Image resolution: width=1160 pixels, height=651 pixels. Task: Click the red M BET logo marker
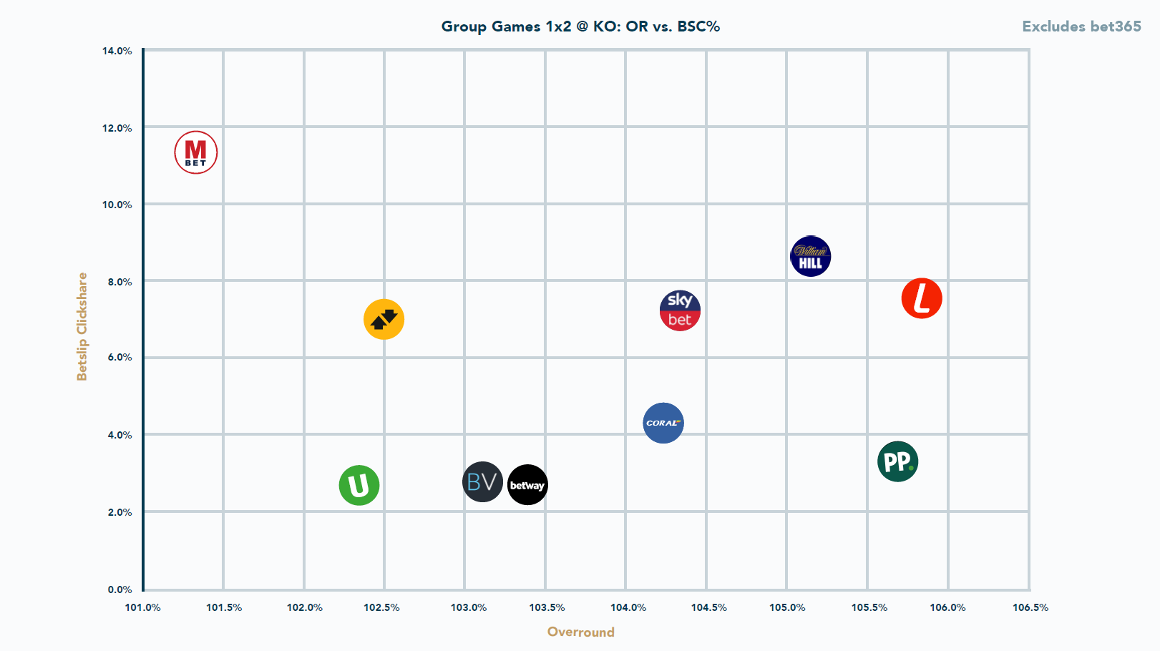pyautogui.click(x=196, y=152)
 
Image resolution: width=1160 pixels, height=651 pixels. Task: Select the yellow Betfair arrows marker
pyautogui.click(x=384, y=319)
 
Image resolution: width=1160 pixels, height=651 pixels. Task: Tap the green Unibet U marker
pyautogui.click(x=359, y=486)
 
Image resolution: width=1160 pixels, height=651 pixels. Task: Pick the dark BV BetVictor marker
pyautogui.click(x=482, y=481)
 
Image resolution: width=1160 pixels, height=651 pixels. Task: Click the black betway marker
pyautogui.click(x=527, y=485)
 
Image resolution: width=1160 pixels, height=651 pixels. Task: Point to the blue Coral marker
pyautogui.click(x=663, y=423)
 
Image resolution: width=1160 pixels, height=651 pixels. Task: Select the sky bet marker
pyautogui.click(x=680, y=310)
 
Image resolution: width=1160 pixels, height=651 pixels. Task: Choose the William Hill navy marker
pyautogui.click(x=811, y=256)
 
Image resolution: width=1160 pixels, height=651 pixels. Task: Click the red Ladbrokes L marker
pyautogui.click(x=922, y=298)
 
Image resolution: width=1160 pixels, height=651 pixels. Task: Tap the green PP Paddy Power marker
pyautogui.click(x=897, y=461)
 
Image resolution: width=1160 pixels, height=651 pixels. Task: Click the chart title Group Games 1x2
pyautogui.click(x=580, y=26)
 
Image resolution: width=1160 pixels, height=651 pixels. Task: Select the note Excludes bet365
pyautogui.click(x=1081, y=26)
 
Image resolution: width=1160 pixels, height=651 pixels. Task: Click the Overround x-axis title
pyautogui.click(x=580, y=632)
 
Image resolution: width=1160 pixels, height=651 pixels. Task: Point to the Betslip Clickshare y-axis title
pyautogui.click(x=82, y=326)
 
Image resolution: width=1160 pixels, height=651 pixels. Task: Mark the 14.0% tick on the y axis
pyautogui.click(x=117, y=51)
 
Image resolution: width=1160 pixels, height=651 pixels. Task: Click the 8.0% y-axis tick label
pyautogui.click(x=120, y=282)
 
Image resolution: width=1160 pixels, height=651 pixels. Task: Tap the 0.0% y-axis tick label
pyautogui.click(x=120, y=589)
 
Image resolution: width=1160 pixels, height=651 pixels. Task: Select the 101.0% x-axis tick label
pyautogui.click(x=143, y=607)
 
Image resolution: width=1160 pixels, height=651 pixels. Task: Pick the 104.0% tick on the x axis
pyautogui.click(x=628, y=607)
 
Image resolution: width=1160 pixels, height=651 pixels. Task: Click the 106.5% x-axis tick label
pyautogui.click(x=1030, y=607)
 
